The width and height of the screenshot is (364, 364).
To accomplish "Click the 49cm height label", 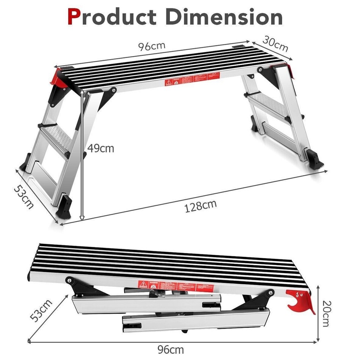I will click(x=100, y=148).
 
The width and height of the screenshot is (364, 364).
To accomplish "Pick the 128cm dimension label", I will click(x=201, y=206).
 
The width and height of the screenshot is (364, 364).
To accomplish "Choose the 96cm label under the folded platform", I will click(x=171, y=349).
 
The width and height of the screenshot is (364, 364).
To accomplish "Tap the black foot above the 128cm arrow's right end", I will click(x=314, y=158).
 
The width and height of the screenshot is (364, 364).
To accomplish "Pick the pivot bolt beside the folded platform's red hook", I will click(x=270, y=293).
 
